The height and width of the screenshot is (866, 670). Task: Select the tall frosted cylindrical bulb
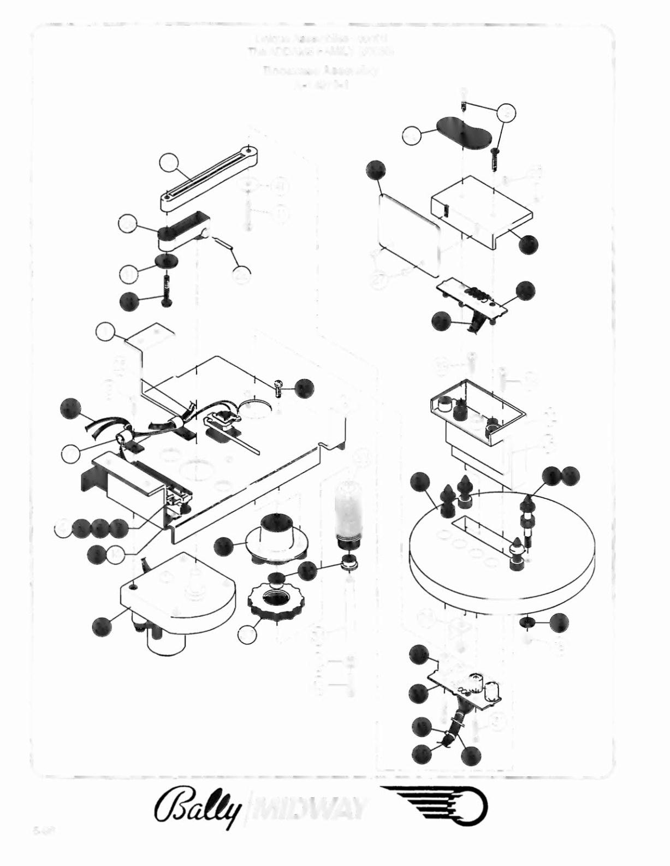(x=348, y=513)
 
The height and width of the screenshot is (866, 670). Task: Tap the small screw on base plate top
(x=279, y=388)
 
